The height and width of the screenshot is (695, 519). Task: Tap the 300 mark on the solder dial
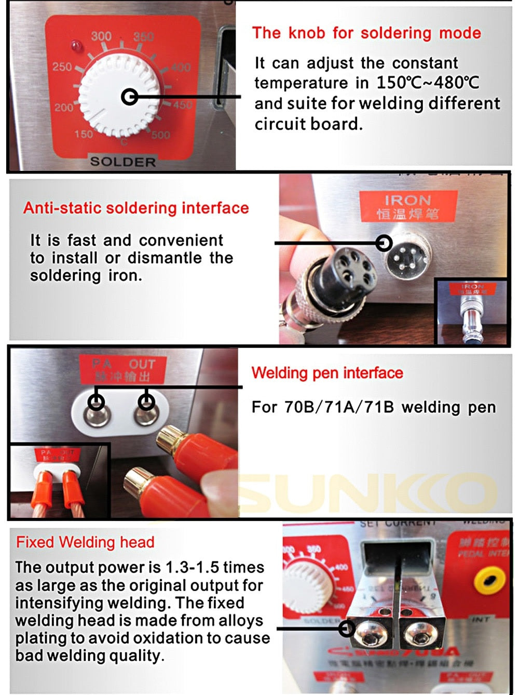click(x=102, y=36)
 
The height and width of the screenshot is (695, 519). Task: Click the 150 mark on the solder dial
click(x=84, y=134)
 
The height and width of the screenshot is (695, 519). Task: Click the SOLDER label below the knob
click(x=123, y=162)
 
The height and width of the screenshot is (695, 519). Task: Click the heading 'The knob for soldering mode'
click(x=366, y=33)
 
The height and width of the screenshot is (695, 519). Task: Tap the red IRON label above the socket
click(x=408, y=206)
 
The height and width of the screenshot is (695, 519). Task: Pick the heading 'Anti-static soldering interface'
click(x=136, y=208)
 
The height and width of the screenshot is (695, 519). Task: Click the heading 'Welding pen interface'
click(x=327, y=373)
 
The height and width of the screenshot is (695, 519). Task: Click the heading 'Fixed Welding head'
click(x=85, y=542)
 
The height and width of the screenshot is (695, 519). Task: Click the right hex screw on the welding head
click(x=416, y=631)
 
